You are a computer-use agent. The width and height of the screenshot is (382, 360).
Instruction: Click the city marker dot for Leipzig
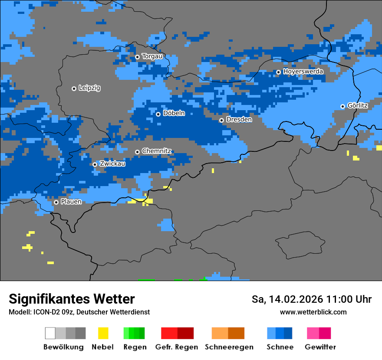[x=74, y=88]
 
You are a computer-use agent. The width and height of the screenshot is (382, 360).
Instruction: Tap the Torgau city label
[x=152, y=56]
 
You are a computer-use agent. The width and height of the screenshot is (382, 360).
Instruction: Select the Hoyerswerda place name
[x=303, y=71]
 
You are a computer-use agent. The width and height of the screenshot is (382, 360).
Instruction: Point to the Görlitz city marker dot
[x=342, y=106]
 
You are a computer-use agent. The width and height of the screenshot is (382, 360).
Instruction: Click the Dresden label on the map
[x=239, y=119]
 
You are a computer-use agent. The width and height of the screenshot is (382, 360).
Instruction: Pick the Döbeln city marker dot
[x=158, y=114]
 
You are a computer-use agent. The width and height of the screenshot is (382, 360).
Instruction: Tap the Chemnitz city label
[x=156, y=151]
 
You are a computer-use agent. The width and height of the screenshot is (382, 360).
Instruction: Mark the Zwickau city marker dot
[x=95, y=164]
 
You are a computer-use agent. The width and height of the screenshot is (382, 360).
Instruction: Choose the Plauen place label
[x=71, y=202]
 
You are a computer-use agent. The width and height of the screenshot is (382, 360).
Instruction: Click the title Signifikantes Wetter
[x=72, y=299]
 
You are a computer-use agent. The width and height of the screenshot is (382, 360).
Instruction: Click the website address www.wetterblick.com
[x=313, y=312]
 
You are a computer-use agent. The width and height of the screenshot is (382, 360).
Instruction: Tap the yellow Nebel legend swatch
[x=103, y=333]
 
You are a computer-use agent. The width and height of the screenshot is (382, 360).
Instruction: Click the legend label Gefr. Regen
[x=177, y=347]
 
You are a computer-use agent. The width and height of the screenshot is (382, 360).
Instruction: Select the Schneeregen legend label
[x=229, y=347]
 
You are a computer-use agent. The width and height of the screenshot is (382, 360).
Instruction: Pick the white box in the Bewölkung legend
[x=50, y=333]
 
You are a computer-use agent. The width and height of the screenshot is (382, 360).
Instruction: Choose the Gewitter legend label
[x=320, y=347]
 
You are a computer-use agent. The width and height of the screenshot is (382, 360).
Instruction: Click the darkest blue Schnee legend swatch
[x=288, y=333]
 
